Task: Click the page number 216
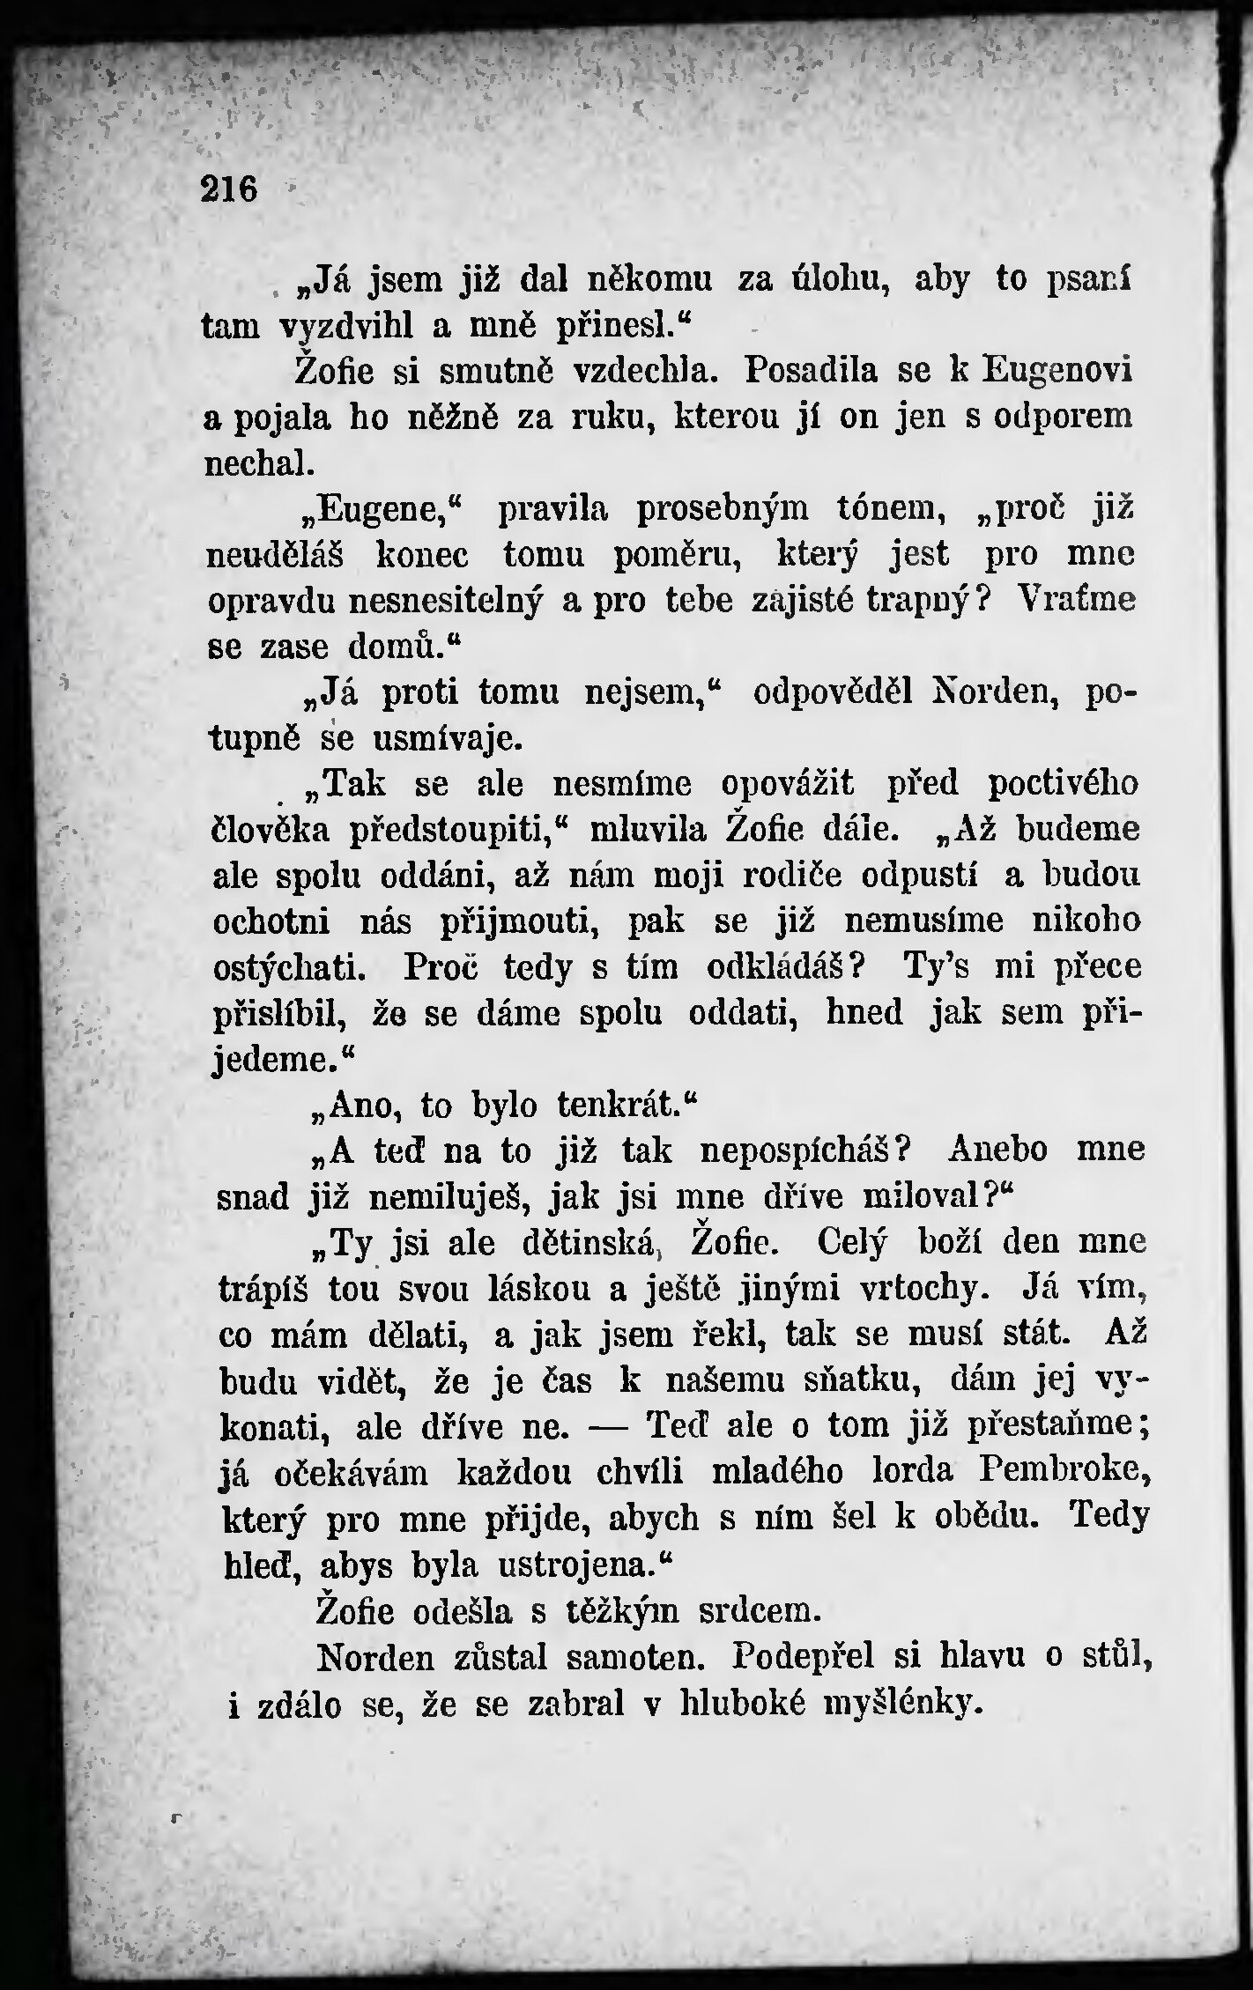click(x=230, y=189)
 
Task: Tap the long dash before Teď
click(x=612, y=1425)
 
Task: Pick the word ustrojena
click(x=579, y=1564)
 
